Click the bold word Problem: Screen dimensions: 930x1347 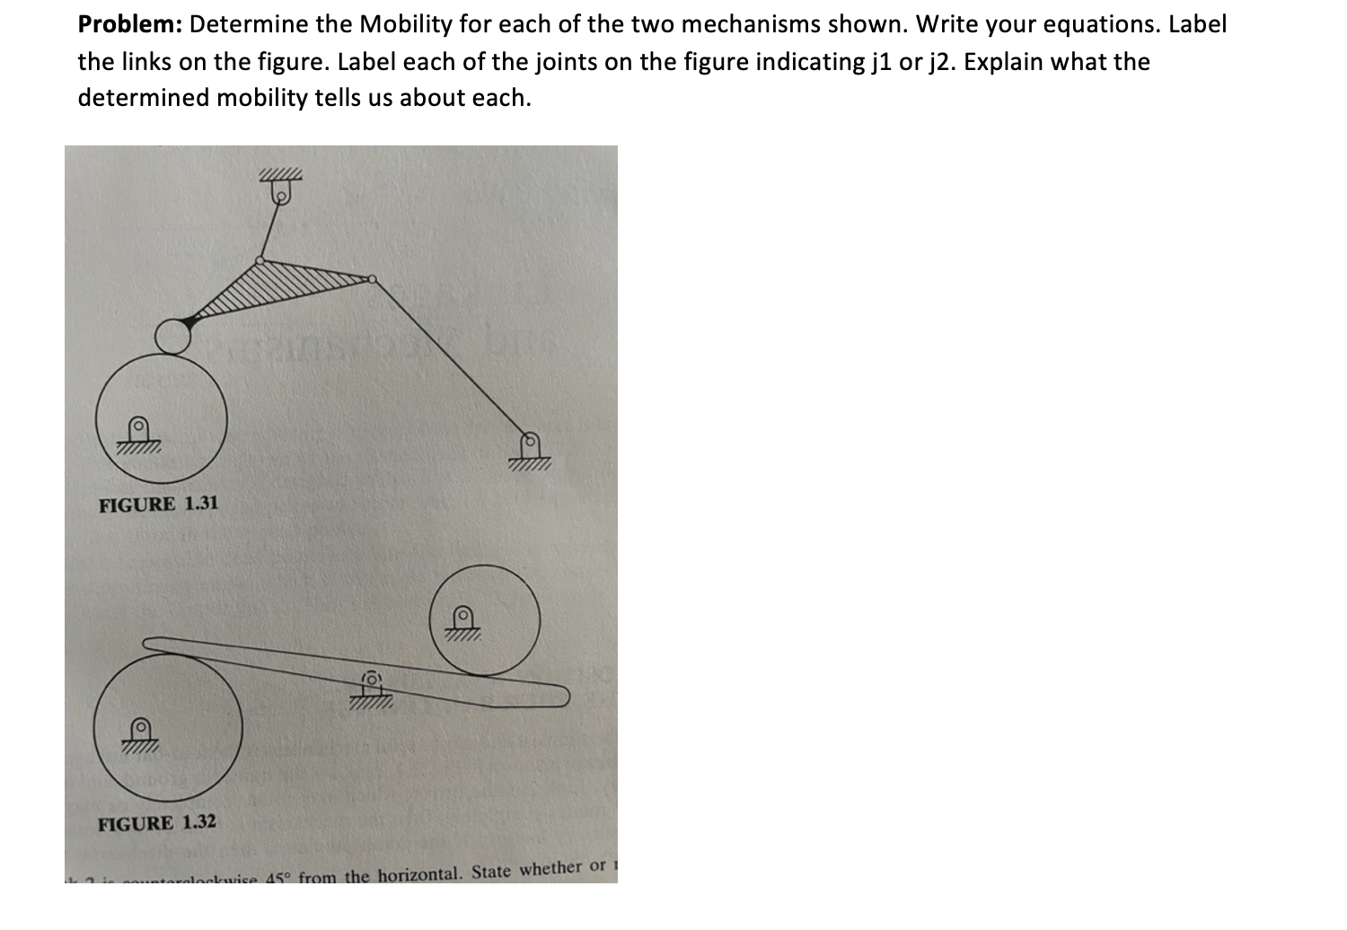coord(129,24)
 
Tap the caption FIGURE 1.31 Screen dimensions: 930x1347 coord(158,504)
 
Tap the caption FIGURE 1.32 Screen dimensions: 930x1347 coord(157,823)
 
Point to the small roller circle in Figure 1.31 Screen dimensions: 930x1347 coord(172,337)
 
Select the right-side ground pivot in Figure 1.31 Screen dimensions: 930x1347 coord(530,442)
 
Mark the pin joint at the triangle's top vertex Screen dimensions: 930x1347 coord(260,260)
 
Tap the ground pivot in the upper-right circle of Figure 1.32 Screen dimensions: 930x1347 coord(462,617)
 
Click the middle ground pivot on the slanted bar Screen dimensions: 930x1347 coord(372,680)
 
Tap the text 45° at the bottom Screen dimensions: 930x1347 coord(278,877)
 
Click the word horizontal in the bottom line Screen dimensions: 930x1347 coord(419,873)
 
